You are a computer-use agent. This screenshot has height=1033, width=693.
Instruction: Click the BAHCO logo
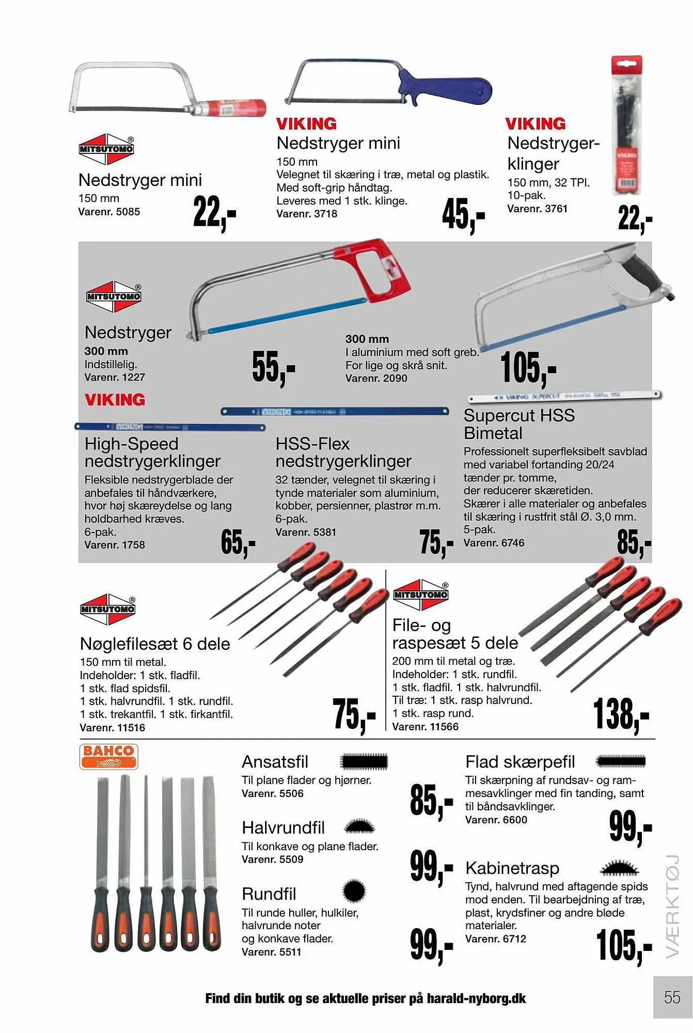coord(108,756)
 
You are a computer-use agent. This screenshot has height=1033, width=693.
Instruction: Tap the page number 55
coord(672,997)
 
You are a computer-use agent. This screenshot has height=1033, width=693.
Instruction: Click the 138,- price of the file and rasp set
coord(621,715)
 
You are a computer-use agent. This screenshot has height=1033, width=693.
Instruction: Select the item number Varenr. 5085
coord(109,212)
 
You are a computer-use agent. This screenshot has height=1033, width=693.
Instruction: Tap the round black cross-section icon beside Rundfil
coord(354,891)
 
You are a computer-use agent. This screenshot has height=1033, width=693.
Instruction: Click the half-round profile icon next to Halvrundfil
coord(359,827)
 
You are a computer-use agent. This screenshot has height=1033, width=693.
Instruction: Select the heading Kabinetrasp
coord(512,868)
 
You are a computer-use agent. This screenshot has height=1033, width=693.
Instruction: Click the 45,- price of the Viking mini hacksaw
coord(463,215)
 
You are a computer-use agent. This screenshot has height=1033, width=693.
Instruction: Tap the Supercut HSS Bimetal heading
coord(518,424)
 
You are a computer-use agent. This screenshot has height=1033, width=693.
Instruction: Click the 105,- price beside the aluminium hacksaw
coord(528,368)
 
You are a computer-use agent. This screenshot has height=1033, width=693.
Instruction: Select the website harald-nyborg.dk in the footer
coord(476,998)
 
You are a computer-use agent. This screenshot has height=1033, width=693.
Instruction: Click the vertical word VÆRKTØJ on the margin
coord(672,907)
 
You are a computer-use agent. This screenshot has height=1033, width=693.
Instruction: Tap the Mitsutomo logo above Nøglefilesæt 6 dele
coord(107,609)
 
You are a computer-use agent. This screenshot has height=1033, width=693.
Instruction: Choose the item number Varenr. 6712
coord(495,939)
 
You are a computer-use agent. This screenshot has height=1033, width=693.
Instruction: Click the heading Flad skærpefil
coord(519,762)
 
